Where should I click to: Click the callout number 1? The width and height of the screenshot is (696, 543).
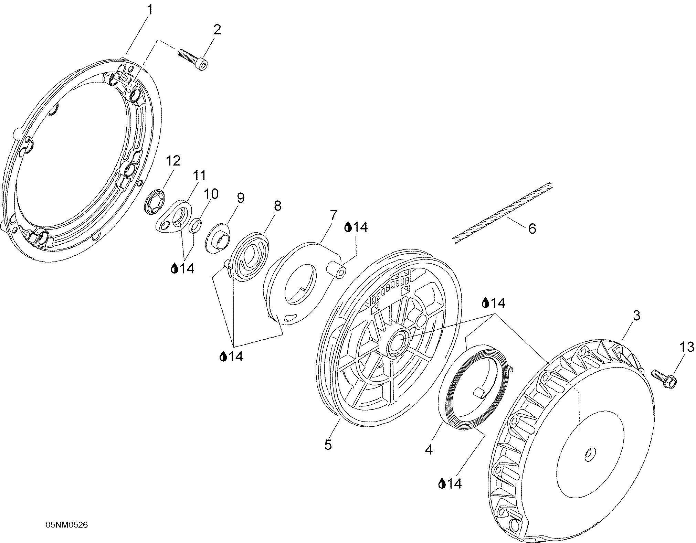(149, 10)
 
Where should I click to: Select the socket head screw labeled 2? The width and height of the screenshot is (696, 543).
(193, 60)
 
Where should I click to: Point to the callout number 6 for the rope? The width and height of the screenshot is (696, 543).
(532, 228)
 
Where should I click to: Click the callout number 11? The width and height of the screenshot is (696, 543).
(199, 175)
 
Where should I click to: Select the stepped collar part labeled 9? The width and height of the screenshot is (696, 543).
(218, 238)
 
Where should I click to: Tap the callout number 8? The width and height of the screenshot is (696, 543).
(277, 206)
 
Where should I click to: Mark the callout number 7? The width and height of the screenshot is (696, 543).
(332, 215)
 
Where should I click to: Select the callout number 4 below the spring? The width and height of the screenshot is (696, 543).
(429, 449)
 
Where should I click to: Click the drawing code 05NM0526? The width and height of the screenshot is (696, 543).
(67, 525)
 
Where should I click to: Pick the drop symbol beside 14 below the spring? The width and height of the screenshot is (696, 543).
(442, 484)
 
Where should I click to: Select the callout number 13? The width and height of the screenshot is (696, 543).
(686, 347)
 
